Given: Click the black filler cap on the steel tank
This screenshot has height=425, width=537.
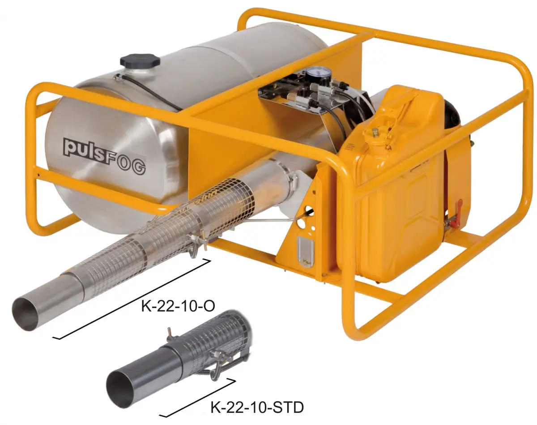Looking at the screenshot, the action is click(140, 60).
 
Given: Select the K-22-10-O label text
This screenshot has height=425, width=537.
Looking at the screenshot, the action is click(178, 306).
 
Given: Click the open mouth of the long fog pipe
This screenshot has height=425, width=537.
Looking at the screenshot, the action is click(26, 313).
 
